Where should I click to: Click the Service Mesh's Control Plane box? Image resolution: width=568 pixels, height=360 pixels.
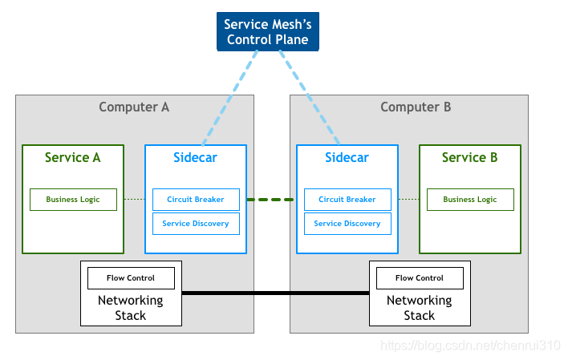click(268, 31)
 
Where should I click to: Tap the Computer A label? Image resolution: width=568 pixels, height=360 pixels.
click(134, 107)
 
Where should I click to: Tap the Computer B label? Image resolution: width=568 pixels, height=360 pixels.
click(416, 107)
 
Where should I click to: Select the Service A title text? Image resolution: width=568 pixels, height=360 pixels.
click(73, 157)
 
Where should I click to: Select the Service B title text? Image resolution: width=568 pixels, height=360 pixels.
click(470, 157)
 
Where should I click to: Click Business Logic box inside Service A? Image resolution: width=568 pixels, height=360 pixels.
click(73, 200)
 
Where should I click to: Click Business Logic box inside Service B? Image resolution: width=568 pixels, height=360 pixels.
click(470, 200)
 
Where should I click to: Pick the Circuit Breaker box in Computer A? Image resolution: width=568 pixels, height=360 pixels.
click(196, 200)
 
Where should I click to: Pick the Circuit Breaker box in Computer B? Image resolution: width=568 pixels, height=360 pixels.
click(347, 200)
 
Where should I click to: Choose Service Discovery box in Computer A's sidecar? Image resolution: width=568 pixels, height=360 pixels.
click(196, 224)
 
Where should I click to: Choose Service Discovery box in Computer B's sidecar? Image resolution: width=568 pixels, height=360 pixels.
click(347, 224)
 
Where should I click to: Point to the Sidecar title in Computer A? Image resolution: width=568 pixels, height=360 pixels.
click(195, 157)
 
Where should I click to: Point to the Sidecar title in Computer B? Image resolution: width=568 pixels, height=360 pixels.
click(347, 157)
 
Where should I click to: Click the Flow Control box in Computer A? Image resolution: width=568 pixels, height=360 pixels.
click(131, 278)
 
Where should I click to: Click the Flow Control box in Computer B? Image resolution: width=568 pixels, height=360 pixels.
click(420, 278)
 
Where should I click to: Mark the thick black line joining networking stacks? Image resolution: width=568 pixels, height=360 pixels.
click(275, 293)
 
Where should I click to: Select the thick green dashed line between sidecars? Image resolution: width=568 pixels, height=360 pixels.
click(270, 200)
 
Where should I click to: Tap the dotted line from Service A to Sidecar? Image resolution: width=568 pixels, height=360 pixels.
click(135, 199)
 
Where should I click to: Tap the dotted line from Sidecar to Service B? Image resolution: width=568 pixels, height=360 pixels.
click(408, 199)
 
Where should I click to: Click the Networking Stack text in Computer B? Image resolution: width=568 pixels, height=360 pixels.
click(419, 308)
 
